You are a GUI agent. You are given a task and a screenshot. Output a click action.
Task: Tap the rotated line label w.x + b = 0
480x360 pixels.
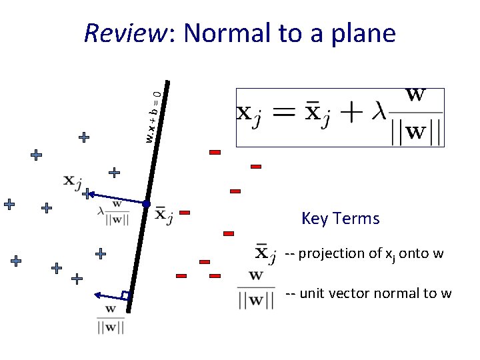pyautogui.click(x=153, y=115)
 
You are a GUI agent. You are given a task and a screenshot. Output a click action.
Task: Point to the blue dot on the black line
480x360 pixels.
pyautogui.click(x=146, y=203)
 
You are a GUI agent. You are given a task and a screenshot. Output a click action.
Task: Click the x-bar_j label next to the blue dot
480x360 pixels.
pyautogui.click(x=163, y=215)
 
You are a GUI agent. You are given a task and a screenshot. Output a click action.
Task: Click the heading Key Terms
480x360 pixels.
pyautogui.click(x=340, y=219)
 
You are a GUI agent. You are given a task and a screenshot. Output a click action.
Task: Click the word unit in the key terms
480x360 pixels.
pyautogui.click(x=312, y=293)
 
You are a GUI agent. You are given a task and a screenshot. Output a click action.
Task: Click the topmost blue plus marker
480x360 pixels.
pyautogui.click(x=84, y=137)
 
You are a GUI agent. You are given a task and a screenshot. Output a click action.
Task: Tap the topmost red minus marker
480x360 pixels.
pyautogui.click(x=215, y=153)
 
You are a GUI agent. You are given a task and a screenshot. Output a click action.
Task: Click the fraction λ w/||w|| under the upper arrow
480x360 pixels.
pyautogui.click(x=113, y=213)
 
